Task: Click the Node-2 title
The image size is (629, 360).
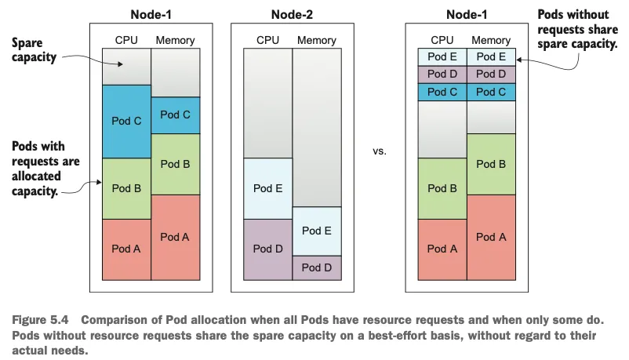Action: [292, 15]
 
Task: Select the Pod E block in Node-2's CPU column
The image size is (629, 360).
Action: [268, 188]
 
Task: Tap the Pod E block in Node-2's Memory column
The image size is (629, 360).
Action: [317, 231]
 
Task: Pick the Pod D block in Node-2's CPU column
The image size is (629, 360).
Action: [268, 249]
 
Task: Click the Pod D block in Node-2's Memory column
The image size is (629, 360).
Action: [317, 267]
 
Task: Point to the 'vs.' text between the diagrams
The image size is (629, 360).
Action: [379, 151]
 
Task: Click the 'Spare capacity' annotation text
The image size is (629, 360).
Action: [34, 49]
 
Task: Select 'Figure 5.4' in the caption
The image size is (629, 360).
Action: [40, 320]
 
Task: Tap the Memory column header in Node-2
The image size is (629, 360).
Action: [317, 40]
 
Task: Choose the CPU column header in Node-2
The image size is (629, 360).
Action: [267, 40]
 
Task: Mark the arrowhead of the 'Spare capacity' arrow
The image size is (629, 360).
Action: [120, 64]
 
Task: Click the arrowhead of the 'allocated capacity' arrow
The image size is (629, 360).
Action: [99, 182]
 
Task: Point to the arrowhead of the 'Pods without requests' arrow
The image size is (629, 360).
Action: [518, 60]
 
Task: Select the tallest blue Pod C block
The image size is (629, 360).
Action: [127, 122]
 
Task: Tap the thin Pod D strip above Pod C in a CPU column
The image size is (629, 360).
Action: [442, 75]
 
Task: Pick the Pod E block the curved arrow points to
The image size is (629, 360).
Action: [491, 57]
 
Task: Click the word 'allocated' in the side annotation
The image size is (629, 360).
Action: [36, 176]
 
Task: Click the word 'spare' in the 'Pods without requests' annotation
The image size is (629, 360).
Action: [551, 44]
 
